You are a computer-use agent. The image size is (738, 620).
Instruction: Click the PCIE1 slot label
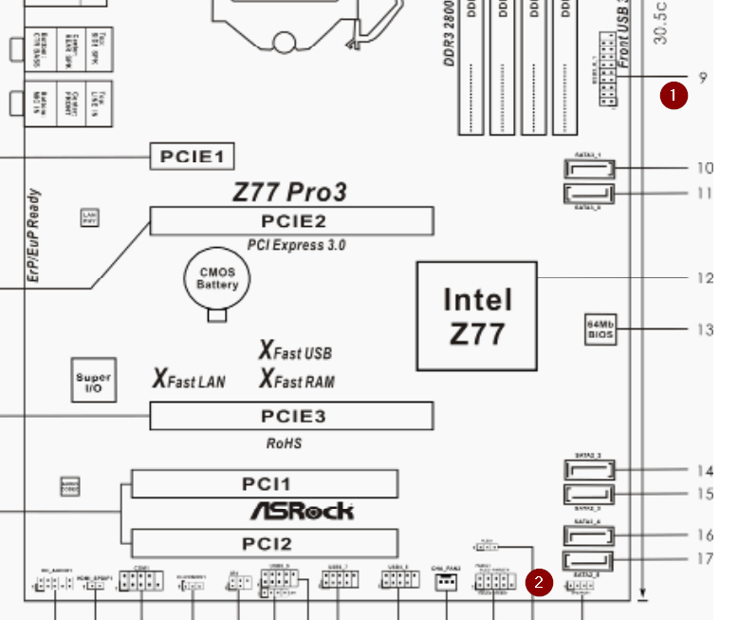192,157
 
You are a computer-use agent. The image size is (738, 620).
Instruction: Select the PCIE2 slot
291,222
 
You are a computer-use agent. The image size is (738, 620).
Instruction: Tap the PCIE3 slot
291,416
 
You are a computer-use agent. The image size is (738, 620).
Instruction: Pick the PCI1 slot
264,484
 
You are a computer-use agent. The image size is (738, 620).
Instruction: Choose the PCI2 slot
264,543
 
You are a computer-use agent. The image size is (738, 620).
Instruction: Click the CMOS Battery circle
217,279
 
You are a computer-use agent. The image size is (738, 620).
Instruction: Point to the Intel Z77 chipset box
477,315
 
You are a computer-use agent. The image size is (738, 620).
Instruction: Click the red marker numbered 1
673,95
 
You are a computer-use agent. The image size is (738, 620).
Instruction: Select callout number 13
704,330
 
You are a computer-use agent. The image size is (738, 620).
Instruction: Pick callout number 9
703,79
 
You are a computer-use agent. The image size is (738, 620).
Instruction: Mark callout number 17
704,559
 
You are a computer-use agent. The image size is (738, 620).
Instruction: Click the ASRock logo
302,511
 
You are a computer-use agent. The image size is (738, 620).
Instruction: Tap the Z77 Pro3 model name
289,192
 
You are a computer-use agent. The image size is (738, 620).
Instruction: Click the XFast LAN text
190,381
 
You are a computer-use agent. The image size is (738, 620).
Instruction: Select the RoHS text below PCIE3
284,443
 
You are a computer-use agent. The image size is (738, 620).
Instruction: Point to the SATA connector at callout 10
589,170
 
